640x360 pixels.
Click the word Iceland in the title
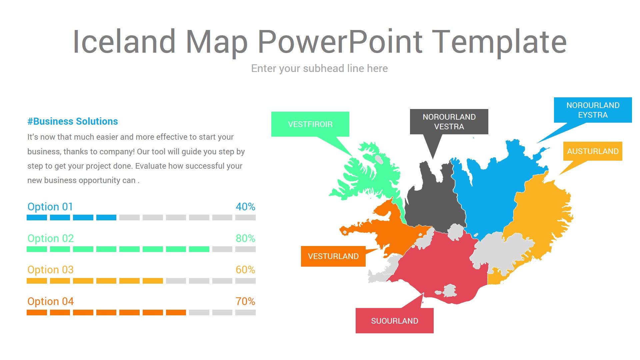click(x=124, y=42)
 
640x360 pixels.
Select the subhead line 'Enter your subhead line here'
click(x=319, y=68)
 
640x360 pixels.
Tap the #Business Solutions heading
click(x=73, y=121)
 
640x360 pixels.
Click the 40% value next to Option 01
click(x=245, y=207)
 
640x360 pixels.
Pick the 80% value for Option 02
click(x=245, y=238)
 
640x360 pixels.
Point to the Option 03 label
click(x=50, y=270)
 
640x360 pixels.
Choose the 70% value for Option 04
click(x=245, y=301)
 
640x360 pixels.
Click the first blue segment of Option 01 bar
click(x=37, y=218)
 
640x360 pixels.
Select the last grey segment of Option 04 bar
click(x=245, y=313)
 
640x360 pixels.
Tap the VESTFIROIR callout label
click(x=310, y=124)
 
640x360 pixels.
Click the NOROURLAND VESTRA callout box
click(x=449, y=122)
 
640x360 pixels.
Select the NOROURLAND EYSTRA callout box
click(x=593, y=110)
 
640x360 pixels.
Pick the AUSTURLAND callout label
click(x=593, y=151)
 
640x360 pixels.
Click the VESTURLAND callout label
click(x=333, y=256)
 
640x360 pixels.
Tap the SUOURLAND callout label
click(x=394, y=321)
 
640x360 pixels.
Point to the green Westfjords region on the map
click(x=367, y=177)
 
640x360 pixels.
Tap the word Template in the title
click(x=499, y=42)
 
